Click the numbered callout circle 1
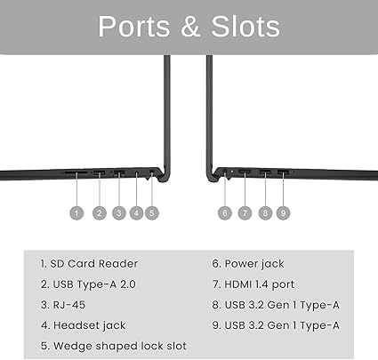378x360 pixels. (x=76, y=213)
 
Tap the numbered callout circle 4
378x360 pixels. (x=136, y=213)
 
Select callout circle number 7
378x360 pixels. (x=245, y=213)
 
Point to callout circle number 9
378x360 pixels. (x=283, y=213)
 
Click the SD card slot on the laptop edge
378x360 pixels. (x=76, y=172)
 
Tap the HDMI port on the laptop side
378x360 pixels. (x=245, y=172)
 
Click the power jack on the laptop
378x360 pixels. (x=225, y=172)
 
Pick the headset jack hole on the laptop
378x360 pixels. (x=136, y=172)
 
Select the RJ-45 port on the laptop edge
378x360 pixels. (x=119, y=172)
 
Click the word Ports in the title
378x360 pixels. (x=134, y=27)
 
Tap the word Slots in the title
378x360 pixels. (x=245, y=27)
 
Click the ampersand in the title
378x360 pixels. (x=190, y=27)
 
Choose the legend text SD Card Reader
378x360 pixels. (x=94, y=264)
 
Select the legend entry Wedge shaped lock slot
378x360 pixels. (x=120, y=346)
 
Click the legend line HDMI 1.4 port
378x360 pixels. (x=260, y=284)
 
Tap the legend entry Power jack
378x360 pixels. (x=254, y=264)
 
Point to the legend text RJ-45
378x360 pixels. (x=69, y=305)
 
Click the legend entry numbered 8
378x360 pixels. (x=276, y=305)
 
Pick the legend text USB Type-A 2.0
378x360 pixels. (x=94, y=284)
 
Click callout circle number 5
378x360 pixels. (x=152, y=213)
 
